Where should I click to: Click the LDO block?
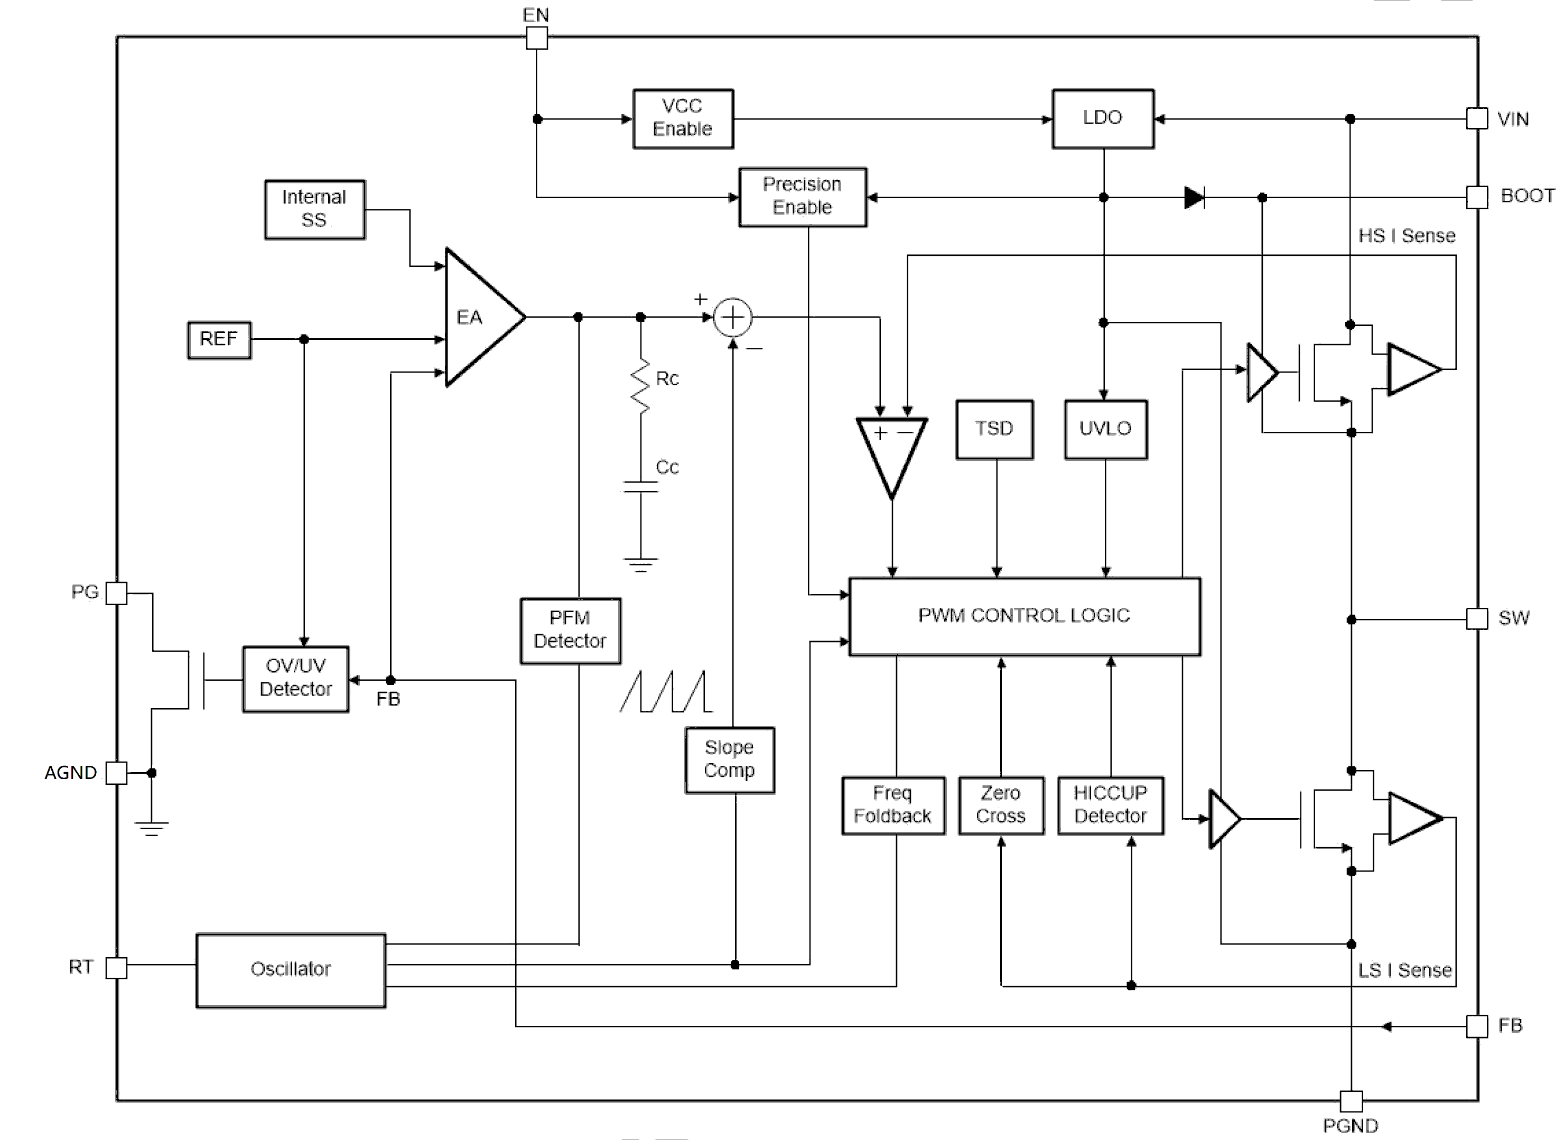(x=1102, y=119)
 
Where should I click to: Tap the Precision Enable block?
(x=803, y=197)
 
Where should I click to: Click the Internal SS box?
(x=314, y=209)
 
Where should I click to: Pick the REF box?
(x=219, y=339)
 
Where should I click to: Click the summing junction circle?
(x=732, y=318)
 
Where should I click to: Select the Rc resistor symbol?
(x=641, y=386)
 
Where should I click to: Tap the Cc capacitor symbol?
(x=641, y=487)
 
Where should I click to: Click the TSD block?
(x=994, y=429)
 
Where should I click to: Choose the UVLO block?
(x=1105, y=429)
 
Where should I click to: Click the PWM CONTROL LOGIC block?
(x=1024, y=616)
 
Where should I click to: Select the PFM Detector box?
(x=571, y=630)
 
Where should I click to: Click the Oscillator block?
(x=291, y=969)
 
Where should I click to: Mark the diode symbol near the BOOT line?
(x=1194, y=197)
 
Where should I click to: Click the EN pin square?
(x=537, y=38)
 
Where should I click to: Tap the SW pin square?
(x=1476, y=618)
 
